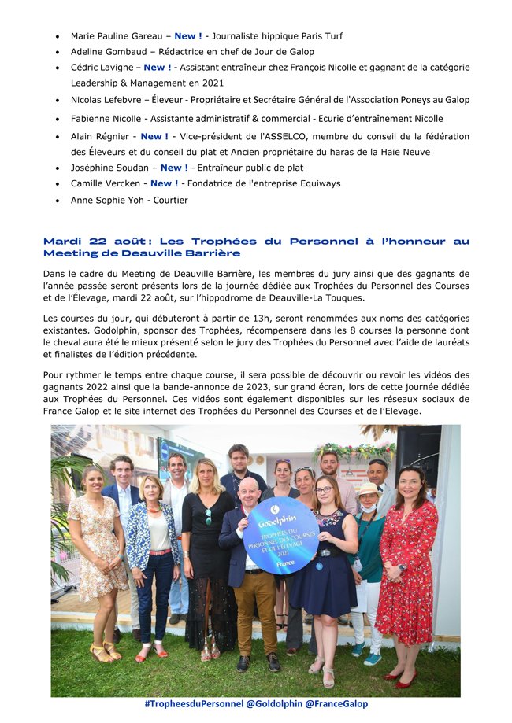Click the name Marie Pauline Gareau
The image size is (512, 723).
(x=117, y=36)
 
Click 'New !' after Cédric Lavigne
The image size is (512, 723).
(x=158, y=68)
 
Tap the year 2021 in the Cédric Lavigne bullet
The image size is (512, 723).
(x=212, y=83)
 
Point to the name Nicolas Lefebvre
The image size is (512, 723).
(x=109, y=100)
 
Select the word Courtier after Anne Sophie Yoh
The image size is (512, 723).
(x=171, y=200)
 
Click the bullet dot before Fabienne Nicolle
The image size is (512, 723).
(x=58, y=119)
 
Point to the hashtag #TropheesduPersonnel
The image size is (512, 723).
(x=194, y=704)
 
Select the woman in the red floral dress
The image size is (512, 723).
(x=406, y=566)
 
